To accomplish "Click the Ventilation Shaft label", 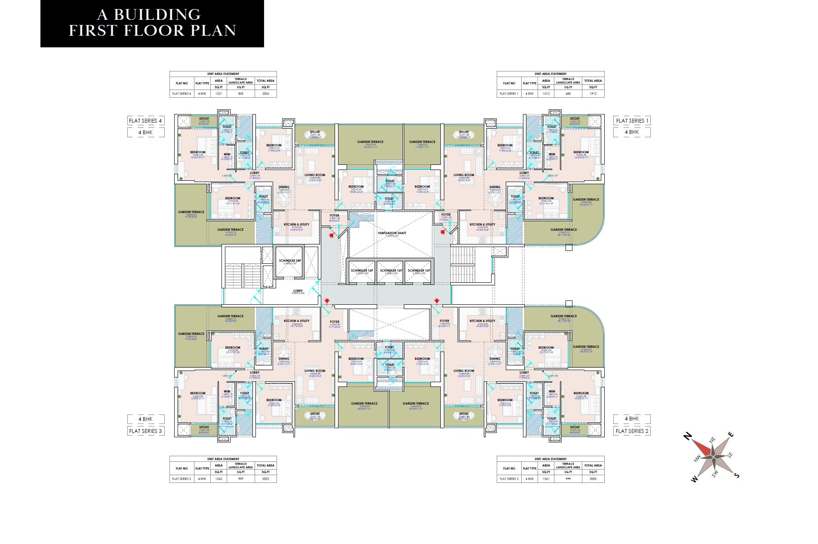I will point(392,233).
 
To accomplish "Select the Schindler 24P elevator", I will point(289,261).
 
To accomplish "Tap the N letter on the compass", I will point(687,437).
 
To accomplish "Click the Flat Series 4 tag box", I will point(145,121).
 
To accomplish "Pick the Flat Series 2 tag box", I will point(632,431).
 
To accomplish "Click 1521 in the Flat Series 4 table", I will point(218,93).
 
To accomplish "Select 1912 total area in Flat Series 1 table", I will point(593,93).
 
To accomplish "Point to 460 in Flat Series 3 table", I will point(240,479).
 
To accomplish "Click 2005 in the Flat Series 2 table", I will point(593,479).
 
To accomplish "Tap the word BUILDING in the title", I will point(157,15).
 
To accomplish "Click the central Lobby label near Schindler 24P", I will point(298,291).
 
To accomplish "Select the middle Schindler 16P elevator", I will point(391,271).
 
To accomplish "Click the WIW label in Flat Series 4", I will point(227,154).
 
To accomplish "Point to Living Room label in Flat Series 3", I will point(315,371).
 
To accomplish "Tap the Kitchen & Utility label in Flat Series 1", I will point(482,224).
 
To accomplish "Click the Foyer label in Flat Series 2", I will point(444,321).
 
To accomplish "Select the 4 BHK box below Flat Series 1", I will point(632,132).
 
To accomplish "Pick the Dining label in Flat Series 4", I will point(284,187).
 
